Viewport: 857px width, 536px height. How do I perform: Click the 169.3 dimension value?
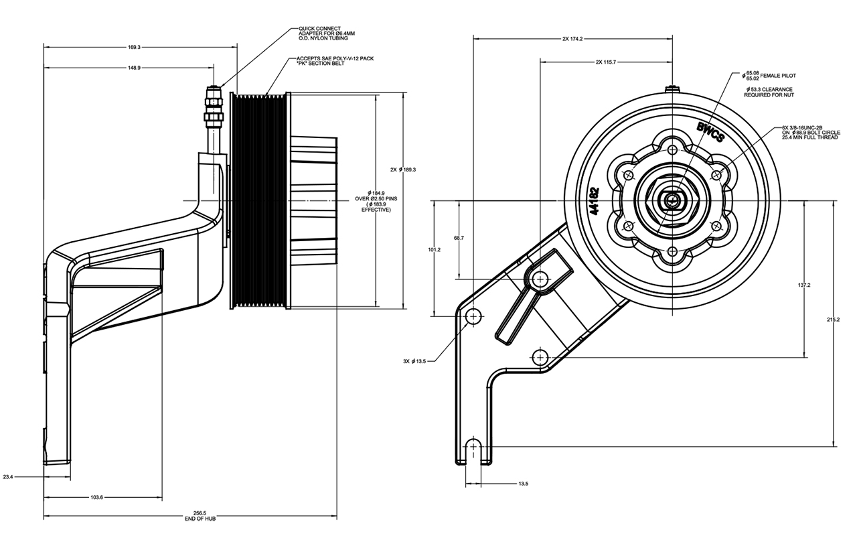[134, 47]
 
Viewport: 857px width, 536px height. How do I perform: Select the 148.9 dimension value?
[134, 68]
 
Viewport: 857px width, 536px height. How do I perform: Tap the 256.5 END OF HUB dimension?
[200, 516]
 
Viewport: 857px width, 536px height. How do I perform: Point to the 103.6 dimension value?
[96, 497]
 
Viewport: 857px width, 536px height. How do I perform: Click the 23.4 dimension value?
[8, 477]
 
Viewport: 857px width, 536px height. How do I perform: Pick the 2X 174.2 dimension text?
[572, 39]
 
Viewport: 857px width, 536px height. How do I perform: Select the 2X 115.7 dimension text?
[606, 62]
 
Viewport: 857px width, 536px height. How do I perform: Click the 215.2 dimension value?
[833, 320]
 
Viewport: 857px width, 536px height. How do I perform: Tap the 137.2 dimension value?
[804, 285]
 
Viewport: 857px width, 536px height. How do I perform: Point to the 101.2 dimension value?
[435, 250]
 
